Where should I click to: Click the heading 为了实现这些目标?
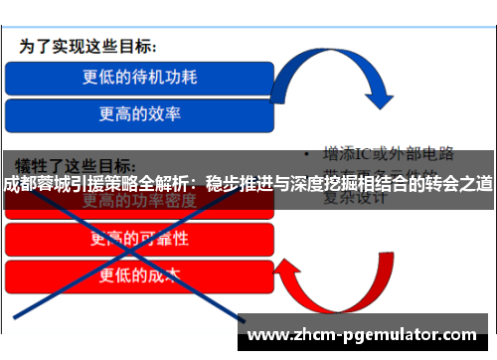point(89,47)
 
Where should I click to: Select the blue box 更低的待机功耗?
point(139,77)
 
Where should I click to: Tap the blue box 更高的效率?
point(139,113)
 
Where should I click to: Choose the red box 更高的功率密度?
point(139,202)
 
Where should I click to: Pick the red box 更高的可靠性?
point(139,239)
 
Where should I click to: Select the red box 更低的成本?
point(139,276)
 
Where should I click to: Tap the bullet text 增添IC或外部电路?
point(389,155)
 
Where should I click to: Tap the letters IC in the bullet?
point(369,155)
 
